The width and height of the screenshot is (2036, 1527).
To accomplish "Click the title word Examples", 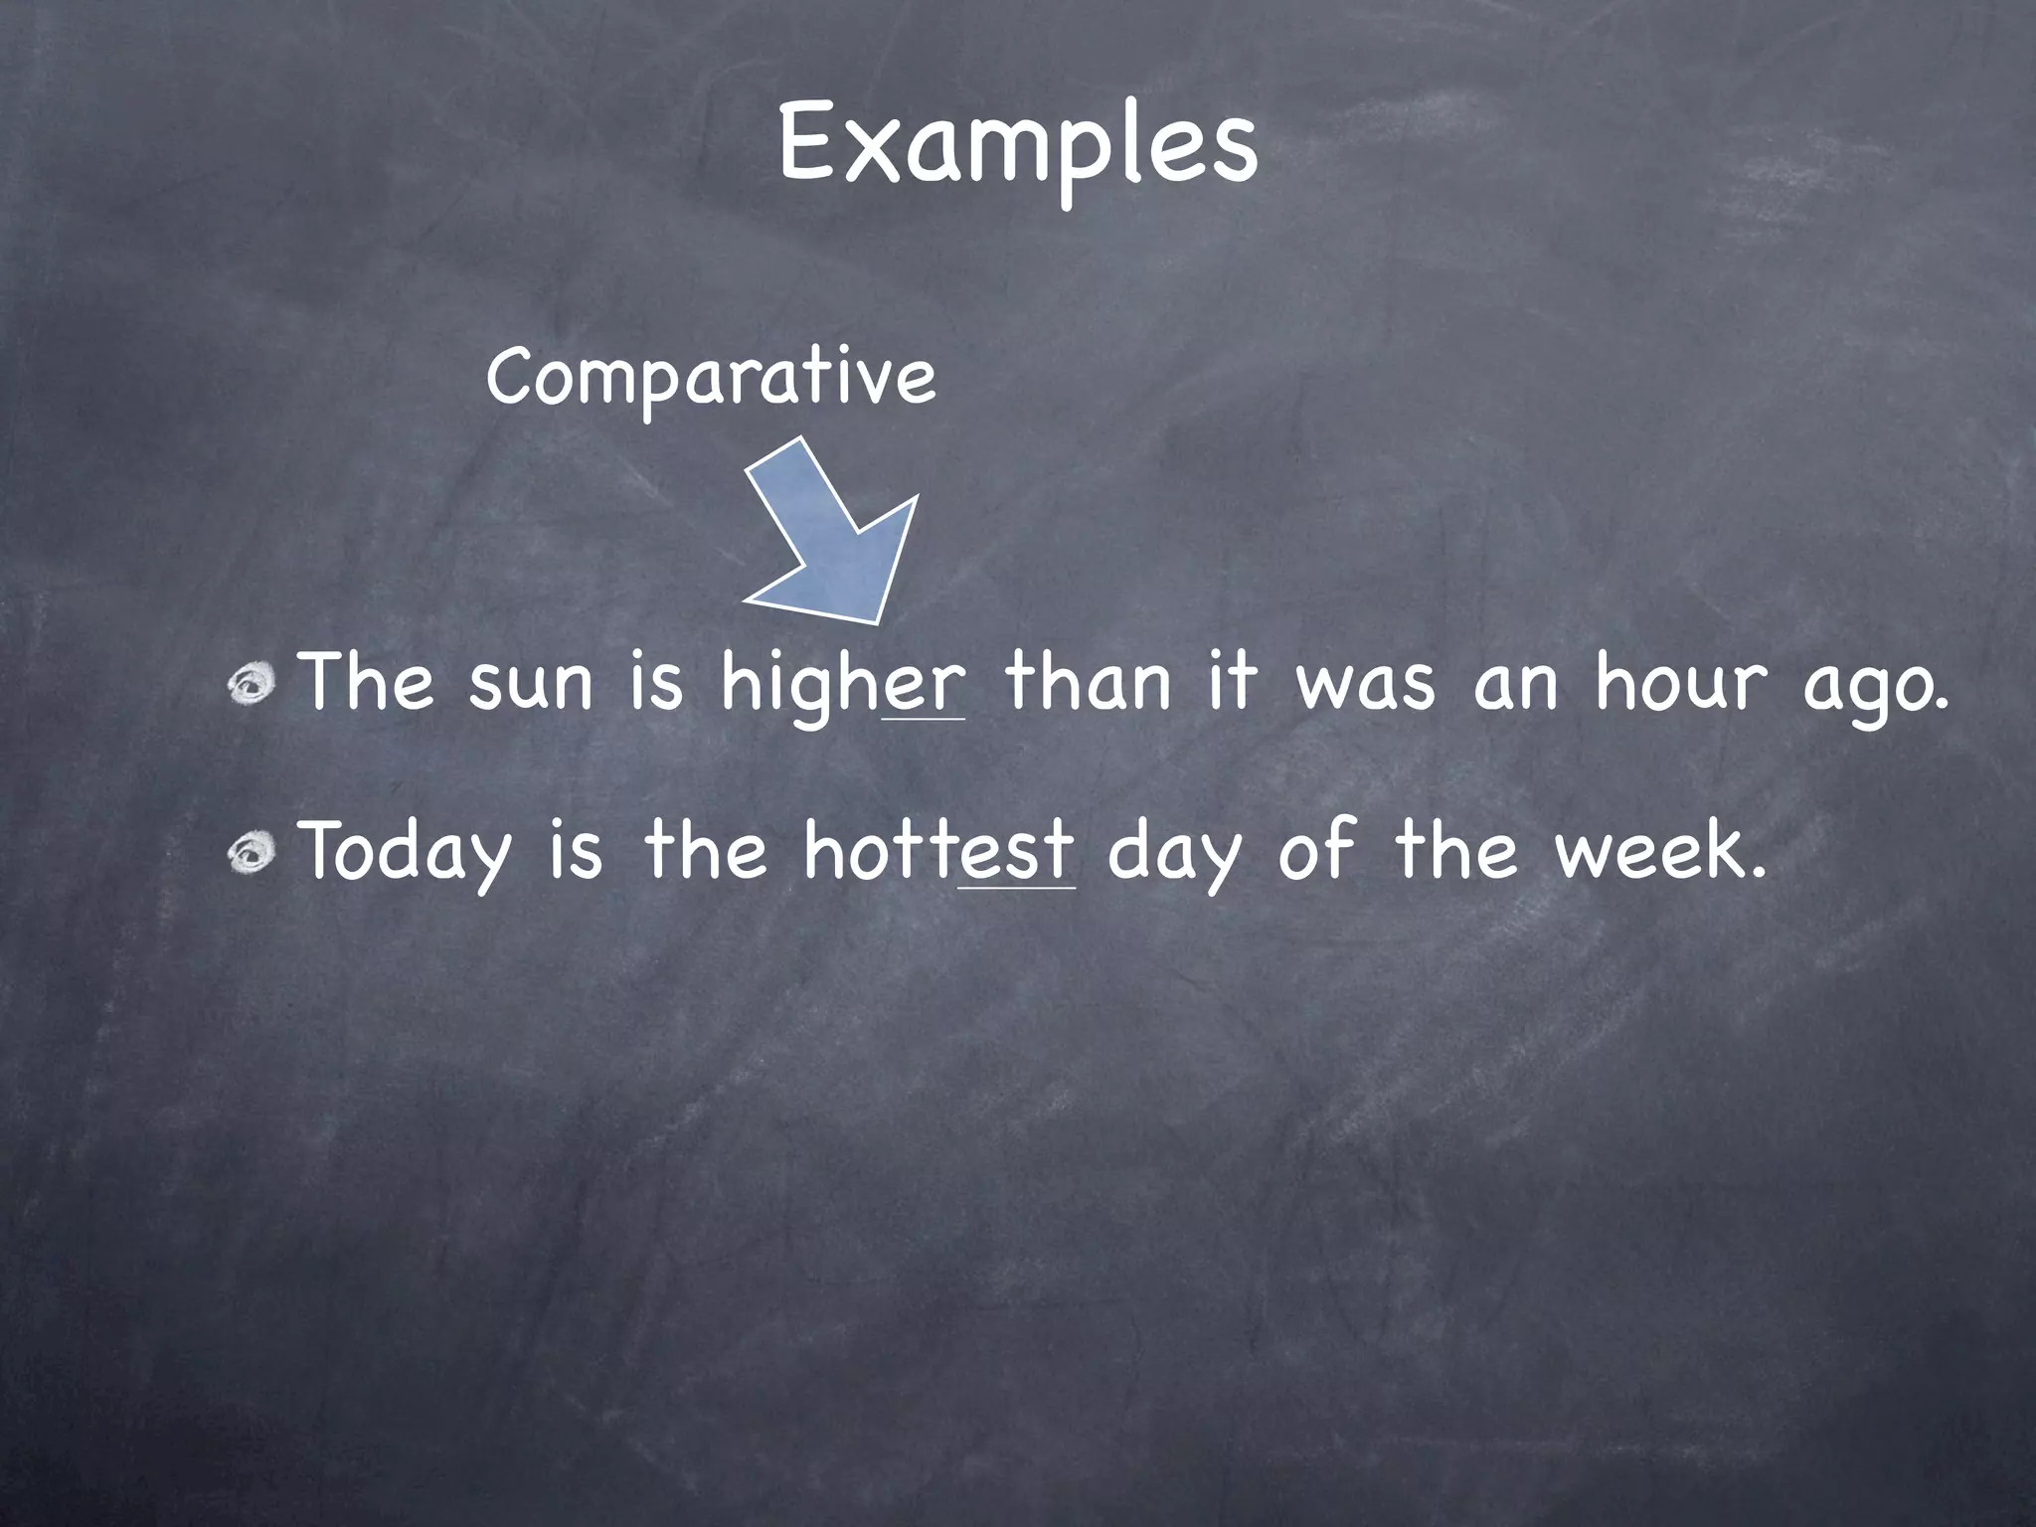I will (1017, 145).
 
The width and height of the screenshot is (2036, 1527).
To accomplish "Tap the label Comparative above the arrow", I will (711, 378).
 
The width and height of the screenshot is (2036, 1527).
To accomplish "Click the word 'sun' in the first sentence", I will (530, 685).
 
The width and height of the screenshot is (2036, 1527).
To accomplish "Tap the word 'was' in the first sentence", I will (1365, 685).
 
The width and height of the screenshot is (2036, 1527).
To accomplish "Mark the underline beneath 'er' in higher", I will (924, 718).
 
